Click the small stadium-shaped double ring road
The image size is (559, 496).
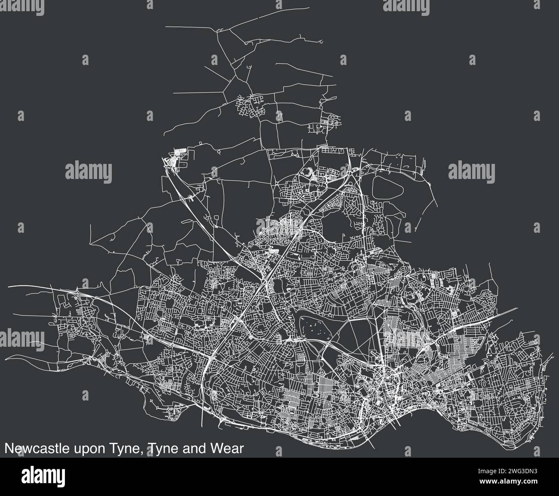pyautogui.click(x=308, y=173)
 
